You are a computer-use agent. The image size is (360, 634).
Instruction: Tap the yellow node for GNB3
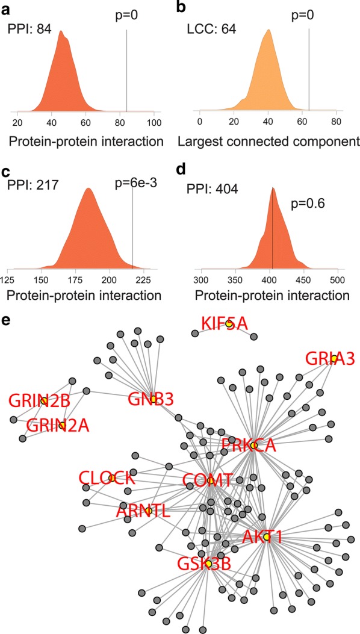(154, 399)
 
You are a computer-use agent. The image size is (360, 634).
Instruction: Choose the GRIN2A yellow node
(62, 425)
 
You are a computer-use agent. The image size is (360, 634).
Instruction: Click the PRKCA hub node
(253, 446)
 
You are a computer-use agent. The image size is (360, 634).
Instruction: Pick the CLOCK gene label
(107, 479)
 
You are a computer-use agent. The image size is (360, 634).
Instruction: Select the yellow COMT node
(210, 480)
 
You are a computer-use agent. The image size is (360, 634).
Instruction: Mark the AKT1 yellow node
(267, 537)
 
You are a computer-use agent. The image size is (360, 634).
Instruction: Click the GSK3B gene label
(203, 564)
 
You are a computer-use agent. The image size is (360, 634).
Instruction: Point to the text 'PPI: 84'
(29, 30)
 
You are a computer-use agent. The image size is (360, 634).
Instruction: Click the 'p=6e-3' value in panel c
(134, 184)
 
